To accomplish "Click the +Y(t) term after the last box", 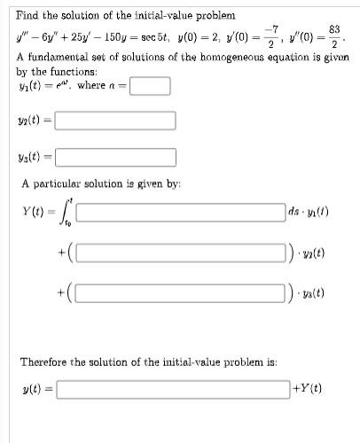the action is coord(308,388).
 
